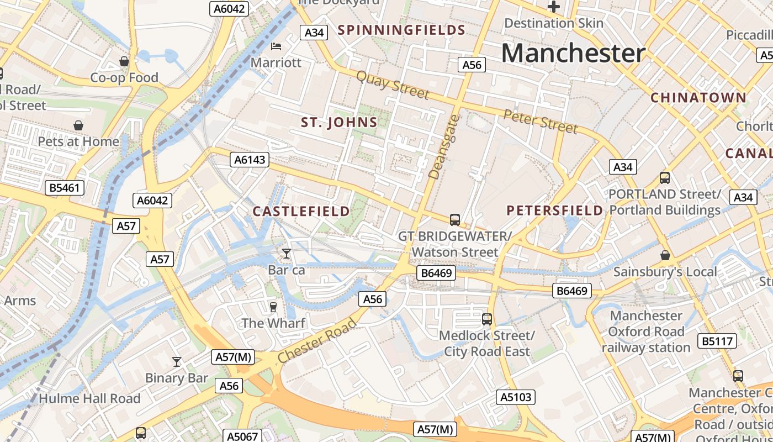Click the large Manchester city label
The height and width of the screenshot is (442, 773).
(573, 54)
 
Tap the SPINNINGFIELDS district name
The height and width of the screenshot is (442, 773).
(401, 30)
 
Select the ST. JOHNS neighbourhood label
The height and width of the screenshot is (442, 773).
(339, 123)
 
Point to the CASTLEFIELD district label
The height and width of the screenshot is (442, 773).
(301, 211)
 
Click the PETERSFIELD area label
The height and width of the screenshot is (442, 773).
(555, 211)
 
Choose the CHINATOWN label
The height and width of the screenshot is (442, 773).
(698, 98)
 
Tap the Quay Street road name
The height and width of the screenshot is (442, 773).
(393, 85)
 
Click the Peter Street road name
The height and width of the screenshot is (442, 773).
(541, 121)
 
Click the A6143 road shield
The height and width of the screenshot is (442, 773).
(250, 160)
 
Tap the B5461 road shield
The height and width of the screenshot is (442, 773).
(65, 188)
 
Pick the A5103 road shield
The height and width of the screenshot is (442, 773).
(516, 397)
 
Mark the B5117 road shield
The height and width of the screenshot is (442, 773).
(717, 341)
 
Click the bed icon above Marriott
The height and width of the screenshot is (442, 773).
(276, 46)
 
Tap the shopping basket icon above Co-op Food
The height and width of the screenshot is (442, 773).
(124, 61)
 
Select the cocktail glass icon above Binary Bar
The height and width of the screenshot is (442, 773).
(177, 362)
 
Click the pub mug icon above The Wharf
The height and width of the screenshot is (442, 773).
(273, 307)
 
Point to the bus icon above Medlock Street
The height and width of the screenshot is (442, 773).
(486, 319)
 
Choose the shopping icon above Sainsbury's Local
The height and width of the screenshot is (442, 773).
(665, 255)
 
